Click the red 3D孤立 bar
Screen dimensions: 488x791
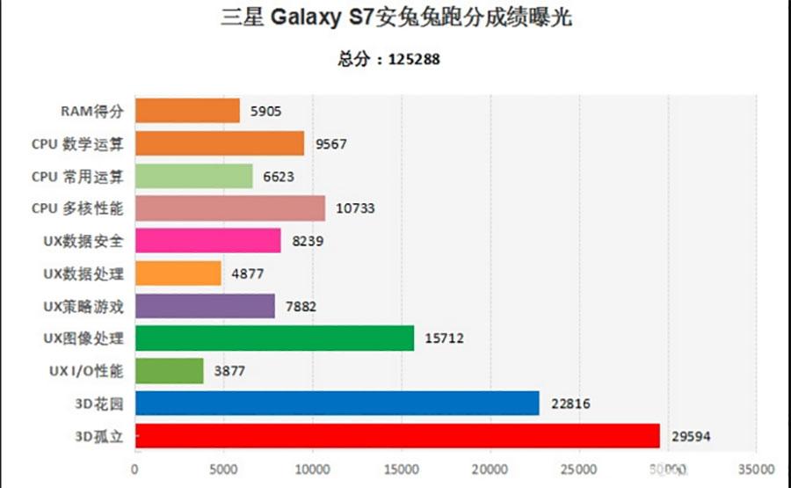tap(397, 436)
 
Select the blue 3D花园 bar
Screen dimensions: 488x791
tap(337, 404)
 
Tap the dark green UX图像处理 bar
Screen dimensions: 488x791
tap(274, 338)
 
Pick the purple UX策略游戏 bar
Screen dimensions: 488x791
tap(205, 305)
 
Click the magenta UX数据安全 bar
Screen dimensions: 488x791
tap(207, 241)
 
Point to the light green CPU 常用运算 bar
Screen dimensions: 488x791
tap(193, 176)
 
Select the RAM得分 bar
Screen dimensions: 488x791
tap(187, 111)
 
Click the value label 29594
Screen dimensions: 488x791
tap(693, 436)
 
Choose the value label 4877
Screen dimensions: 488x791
tap(246, 273)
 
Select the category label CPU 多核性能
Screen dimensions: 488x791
tap(77, 208)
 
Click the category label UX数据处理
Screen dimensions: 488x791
tap(83, 273)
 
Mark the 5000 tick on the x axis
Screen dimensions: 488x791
tap(223, 469)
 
